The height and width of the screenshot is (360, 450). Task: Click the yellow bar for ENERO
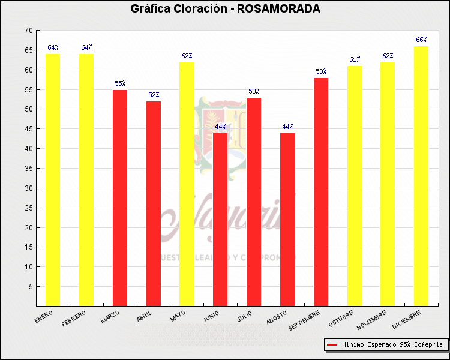[53, 180]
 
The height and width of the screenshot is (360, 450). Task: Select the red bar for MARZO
[120, 198]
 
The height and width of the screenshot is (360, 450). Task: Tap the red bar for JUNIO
[220, 219]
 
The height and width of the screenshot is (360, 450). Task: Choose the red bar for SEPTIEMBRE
[321, 192]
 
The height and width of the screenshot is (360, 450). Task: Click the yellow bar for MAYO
[187, 184]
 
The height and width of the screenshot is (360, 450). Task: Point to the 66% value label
[421, 40]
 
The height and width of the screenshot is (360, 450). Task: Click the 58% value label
[321, 71]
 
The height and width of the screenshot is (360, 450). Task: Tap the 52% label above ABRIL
[154, 95]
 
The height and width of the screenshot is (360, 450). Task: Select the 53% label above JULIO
[254, 91]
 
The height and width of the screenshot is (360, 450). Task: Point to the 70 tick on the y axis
[29, 31]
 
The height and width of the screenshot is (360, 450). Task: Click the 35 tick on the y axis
[29, 169]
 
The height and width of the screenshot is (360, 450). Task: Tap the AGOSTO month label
[277, 317]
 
